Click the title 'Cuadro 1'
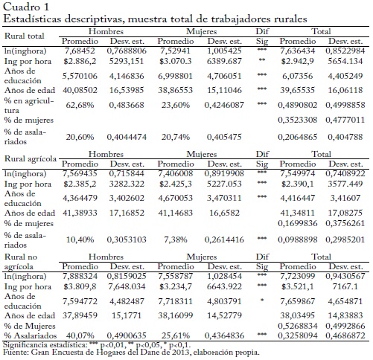point(26,7)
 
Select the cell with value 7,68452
point(80,51)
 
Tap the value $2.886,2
point(80,61)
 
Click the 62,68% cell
point(80,105)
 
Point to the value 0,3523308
point(297,120)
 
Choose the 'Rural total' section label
point(25,36)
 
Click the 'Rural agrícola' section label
point(31,158)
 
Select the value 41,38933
point(80,213)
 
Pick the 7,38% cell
point(176,240)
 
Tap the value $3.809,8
point(80,286)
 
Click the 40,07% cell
point(80,335)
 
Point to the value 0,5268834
point(297,326)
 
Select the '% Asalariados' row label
point(31,335)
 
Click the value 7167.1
point(345,286)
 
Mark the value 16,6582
point(224,213)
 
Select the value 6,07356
point(297,76)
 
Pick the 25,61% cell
point(176,335)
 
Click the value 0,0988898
point(297,240)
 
